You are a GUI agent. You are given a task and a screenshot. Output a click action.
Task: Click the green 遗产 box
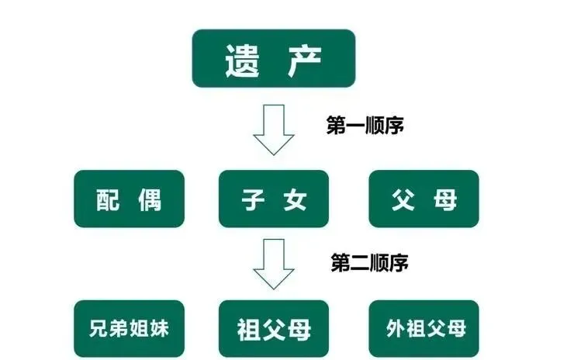tap(273, 58)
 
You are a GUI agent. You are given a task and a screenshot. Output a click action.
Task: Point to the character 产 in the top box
tap(306, 59)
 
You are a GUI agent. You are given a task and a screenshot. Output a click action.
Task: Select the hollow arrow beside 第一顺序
tap(274, 132)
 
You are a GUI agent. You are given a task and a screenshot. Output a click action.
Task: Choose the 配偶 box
tap(130, 199)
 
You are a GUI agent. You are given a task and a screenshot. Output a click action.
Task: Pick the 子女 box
tap(274, 199)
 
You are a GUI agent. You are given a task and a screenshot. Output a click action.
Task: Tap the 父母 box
tap(424, 199)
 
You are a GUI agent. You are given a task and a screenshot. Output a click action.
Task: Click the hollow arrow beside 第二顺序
tap(274, 263)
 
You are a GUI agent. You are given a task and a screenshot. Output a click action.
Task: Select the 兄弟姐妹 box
tap(130, 328)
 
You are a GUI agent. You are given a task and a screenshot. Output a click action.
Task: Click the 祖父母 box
tap(274, 328)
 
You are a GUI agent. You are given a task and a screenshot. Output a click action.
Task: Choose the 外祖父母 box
tap(426, 328)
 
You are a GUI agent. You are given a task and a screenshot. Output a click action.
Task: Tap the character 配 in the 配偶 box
tap(109, 199)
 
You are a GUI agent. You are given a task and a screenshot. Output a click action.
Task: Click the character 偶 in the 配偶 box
tap(150, 199)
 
